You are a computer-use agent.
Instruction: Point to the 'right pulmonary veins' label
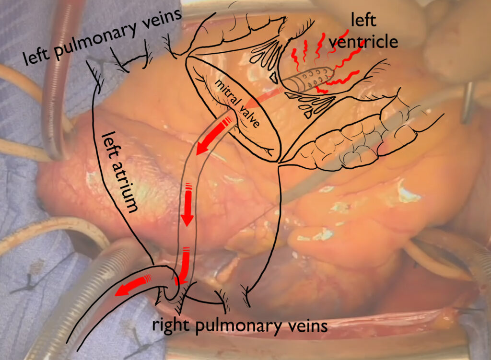pyautogui.click(x=240, y=325)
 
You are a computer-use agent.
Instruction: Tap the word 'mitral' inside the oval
pyautogui.click(x=228, y=94)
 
